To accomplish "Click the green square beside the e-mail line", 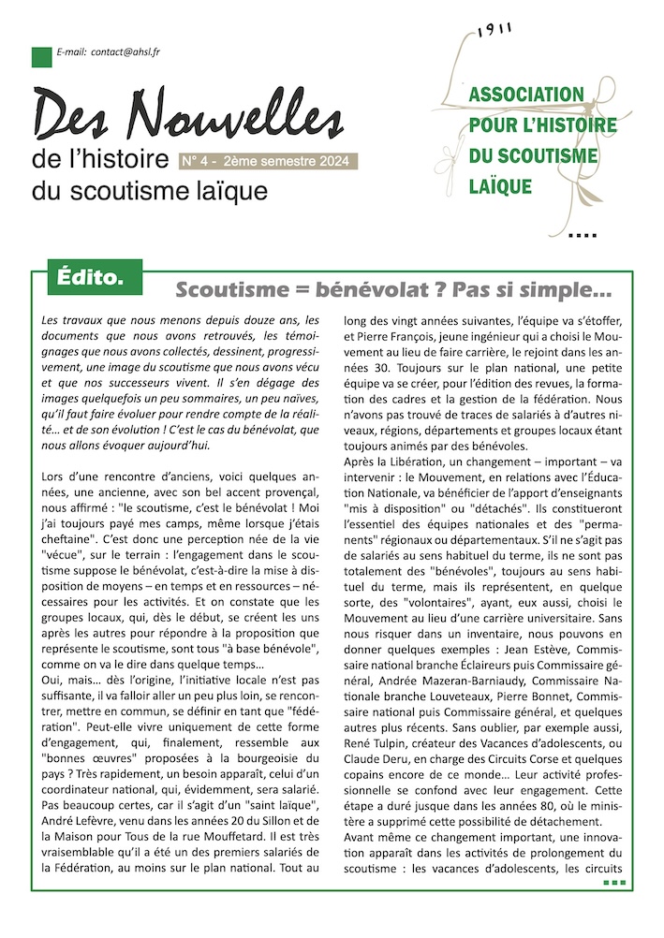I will click(x=41, y=56).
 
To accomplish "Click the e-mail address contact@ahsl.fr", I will click(x=125, y=53).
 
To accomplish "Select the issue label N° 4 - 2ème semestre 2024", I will click(x=267, y=162).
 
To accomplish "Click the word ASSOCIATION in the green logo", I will click(x=525, y=95).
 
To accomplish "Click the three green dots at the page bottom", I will click(x=613, y=882).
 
